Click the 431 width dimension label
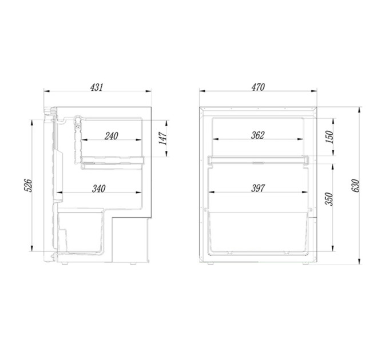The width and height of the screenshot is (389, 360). (x=96, y=87)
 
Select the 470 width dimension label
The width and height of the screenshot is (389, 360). (x=258, y=87)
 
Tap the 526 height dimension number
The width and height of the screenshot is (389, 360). (x=28, y=185)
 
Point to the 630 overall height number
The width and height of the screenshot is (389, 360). (x=355, y=185)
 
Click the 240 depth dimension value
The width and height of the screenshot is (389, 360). (x=111, y=136)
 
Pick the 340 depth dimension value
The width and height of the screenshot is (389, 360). (x=99, y=189)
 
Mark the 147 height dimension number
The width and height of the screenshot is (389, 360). (x=162, y=138)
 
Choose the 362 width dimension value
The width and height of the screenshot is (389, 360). (x=258, y=135)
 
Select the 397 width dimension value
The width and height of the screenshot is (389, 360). (x=258, y=189)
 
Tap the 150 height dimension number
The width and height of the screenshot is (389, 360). (x=330, y=137)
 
